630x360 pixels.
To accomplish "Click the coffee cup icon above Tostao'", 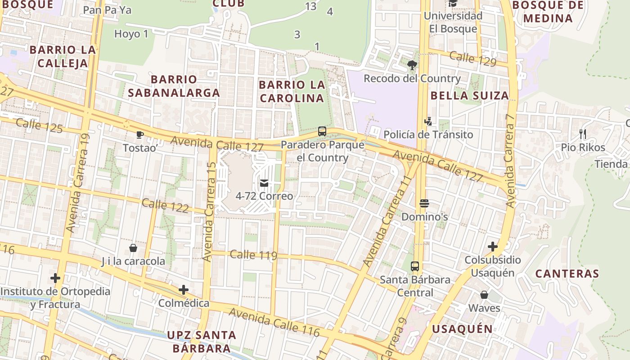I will pos(139,135).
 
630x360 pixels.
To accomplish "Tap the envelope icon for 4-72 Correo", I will pos(264,183).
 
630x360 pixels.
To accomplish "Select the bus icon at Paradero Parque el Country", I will pos(322,131).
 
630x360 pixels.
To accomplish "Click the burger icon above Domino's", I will pos(424,203).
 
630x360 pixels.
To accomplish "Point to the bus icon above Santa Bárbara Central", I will pos(415,266).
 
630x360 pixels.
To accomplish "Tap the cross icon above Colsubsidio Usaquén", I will pos(493,247).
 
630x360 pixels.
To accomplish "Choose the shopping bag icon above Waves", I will pos(484,295).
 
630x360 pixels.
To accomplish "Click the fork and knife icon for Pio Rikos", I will pos(583,134).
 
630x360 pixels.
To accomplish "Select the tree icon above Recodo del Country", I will pos(412,66).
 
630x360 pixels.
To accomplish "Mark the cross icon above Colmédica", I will pos(183,290).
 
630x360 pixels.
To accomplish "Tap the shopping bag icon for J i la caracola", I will pos(133,248).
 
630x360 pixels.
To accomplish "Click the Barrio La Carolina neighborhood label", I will pos(292,91).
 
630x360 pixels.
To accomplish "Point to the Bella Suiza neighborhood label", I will pos(469,95).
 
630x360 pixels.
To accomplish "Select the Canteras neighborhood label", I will pos(567,274).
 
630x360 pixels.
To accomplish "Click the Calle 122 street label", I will pos(165,206).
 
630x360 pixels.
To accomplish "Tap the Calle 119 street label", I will pos(253,255).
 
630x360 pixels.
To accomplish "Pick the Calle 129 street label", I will pos(472,59).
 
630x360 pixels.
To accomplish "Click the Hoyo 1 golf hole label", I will pos(131,34).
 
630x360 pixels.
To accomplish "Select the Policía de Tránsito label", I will pos(428,135).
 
